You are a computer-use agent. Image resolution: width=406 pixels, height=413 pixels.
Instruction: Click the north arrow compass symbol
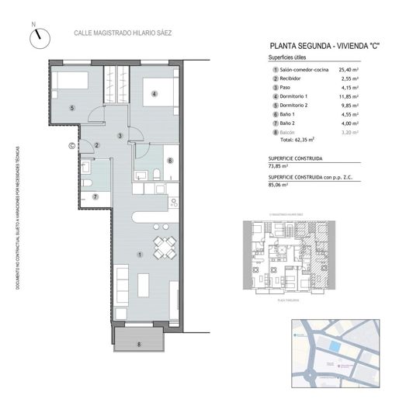[39, 36]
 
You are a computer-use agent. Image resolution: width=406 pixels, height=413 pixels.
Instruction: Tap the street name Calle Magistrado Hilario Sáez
[122, 33]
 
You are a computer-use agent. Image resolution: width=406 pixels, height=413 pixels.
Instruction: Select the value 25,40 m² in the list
[371, 71]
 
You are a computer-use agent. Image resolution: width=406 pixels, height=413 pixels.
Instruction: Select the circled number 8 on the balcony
[139, 343]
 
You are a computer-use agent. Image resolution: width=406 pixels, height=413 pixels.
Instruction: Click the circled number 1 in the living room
[139, 254]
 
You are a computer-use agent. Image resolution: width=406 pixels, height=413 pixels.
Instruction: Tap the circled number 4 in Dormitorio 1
[154, 95]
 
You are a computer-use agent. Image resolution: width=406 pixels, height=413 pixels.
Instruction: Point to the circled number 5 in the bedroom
[71, 108]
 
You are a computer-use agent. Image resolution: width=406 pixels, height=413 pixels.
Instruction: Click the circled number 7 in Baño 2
[95, 196]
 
